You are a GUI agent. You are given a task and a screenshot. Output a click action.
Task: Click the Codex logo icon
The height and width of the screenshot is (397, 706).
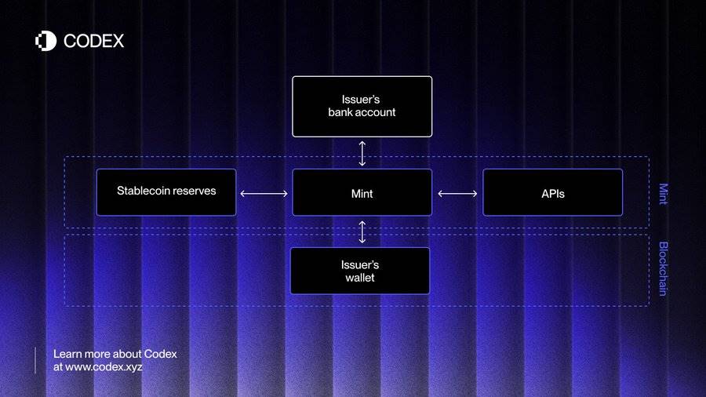pyautogui.click(x=46, y=41)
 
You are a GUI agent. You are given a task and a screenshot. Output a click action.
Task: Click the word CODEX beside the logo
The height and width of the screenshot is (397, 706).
pyautogui.click(x=93, y=41)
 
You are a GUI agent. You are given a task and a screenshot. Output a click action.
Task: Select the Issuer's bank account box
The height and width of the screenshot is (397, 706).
pyautogui.click(x=362, y=106)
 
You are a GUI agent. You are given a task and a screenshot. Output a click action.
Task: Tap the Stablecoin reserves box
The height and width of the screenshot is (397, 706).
pyautogui.click(x=166, y=192)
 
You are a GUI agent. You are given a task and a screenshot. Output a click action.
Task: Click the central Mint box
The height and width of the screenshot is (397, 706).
pyautogui.click(x=362, y=192)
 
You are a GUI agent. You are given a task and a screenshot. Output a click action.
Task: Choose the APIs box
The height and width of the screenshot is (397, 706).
pyautogui.click(x=552, y=192)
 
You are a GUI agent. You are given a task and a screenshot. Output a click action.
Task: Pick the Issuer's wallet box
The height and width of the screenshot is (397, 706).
pyautogui.click(x=360, y=271)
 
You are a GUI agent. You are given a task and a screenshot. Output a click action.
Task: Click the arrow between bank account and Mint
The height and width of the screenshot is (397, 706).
pyautogui.click(x=362, y=154)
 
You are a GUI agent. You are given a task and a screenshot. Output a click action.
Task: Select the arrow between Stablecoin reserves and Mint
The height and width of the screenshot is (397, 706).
pyautogui.click(x=264, y=194)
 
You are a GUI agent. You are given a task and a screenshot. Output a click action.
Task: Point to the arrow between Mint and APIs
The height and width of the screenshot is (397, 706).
pyautogui.click(x=457, y=194)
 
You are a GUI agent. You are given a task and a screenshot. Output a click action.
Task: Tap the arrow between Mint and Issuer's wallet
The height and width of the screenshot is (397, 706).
pyautogui.click(x=362, y=231)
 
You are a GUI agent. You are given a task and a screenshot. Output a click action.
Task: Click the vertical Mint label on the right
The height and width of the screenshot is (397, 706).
pyautogui.click(x=663, y=194)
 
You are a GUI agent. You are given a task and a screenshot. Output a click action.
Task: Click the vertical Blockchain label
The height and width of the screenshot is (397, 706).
pyautogui.click(x=663, y=268)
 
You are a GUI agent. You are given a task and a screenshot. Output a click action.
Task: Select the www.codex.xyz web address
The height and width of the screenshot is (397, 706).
pyautogui.click(x=104, y=367)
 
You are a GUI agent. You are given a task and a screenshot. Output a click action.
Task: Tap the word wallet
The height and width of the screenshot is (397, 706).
pyautogui.click(x=360, y=278)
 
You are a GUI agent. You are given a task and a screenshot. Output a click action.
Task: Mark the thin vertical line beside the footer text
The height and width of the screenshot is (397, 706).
pyautogui.click(x=35, y=361)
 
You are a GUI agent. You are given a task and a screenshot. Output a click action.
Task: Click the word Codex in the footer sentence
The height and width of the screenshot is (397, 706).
pyautogui.click(x=160, y=354)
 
